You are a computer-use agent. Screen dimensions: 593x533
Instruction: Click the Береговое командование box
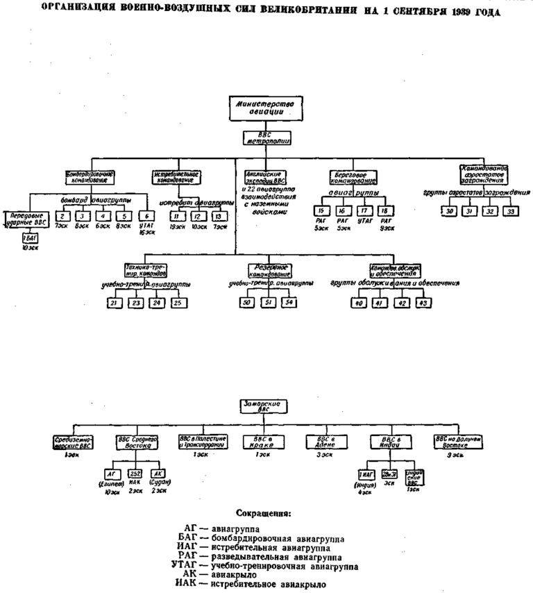point(353,176)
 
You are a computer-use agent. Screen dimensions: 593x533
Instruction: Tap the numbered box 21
point(113,303)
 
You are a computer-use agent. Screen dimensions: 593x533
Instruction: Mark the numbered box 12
point(197,216)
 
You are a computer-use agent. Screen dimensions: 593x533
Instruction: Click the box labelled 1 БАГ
point(29,237)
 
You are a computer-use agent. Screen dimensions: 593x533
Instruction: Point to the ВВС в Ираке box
point(262,442)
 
